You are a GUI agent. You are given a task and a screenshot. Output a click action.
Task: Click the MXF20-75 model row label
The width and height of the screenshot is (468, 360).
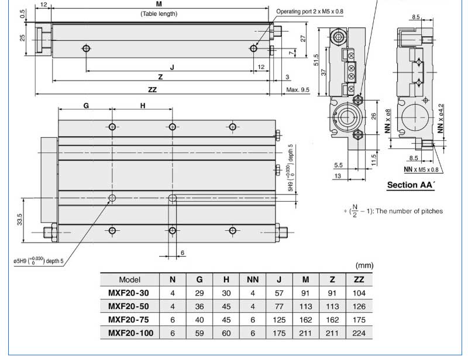pyautogui.click(x=128, y=320)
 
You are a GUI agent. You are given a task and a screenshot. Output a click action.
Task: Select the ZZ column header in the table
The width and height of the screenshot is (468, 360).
pyautogui.click(x=359, y=279)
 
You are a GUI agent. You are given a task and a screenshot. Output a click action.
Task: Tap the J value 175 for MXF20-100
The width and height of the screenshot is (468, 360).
pyautogui.click(x=279, y=333)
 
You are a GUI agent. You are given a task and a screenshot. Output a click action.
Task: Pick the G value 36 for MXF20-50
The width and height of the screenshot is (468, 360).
pyautogui.click(x=199, y=306)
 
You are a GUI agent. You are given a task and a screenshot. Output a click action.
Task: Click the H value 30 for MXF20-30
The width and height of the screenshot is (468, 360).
pyautogui.click(x=226, y=293)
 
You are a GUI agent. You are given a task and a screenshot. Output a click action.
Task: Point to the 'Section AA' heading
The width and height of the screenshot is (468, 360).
pyautogui.click(x=411, y=185)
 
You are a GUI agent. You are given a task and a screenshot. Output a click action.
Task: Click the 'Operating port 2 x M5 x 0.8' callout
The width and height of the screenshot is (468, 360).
pyautogui.click(x=309, y=12)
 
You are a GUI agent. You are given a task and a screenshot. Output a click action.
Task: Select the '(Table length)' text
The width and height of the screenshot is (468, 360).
pyautogui.click(x=159, y=13)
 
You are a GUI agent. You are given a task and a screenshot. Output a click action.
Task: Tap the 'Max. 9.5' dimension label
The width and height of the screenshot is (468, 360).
pyautogui.click(x=298, y=90)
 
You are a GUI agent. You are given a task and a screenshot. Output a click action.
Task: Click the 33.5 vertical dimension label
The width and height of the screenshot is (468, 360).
pyautogui.click(x=20, y=219)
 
